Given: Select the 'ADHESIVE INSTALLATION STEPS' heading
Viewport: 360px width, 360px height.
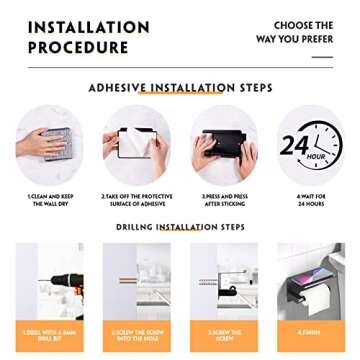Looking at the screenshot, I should coord(181,88).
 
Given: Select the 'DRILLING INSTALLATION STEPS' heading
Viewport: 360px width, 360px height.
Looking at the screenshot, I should coord(180,227).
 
